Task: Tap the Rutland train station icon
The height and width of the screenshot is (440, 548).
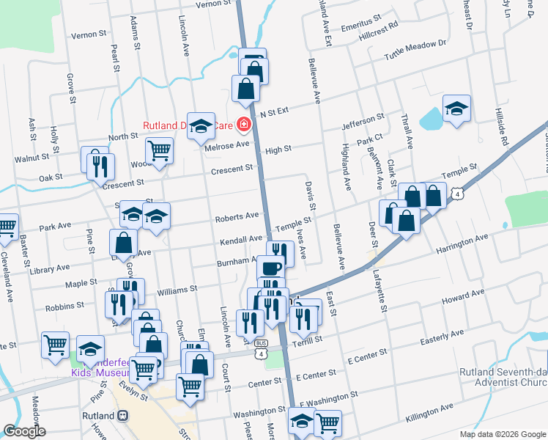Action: click(x=124, y=415)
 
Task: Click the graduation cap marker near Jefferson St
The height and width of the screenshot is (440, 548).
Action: click(x=456, y=109)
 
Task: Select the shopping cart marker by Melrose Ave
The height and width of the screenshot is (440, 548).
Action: click(x=159, y=150)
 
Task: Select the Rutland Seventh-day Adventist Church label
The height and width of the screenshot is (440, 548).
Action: click(x=501, y=377)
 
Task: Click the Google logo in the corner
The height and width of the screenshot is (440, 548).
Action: click(x=25, y=431)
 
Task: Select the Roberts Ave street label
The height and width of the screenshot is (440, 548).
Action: click(x=237, y=216)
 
